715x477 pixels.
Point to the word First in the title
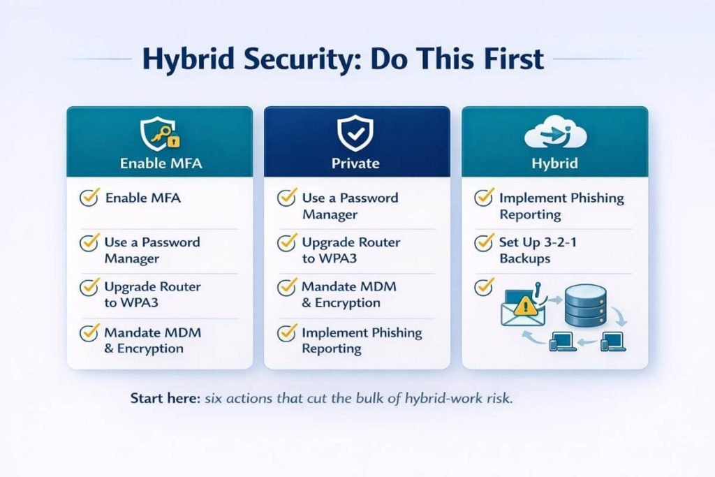(505, 59)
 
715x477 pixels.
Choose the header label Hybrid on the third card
(554, 164)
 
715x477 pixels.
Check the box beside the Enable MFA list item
(89, 198)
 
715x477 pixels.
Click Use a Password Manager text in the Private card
(350, 206)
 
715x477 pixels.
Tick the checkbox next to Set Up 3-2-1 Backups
(484, 243)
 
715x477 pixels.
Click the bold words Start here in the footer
(165, 399)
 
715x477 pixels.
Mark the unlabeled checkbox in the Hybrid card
(484, 285)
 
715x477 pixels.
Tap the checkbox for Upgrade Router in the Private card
(286, 243)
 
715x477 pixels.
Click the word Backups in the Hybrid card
(525, 258)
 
